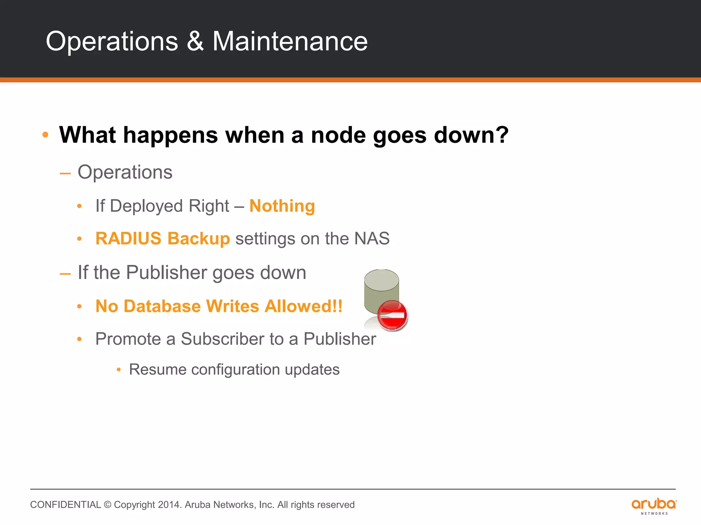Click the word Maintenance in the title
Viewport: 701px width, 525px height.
click(x=290, y=41)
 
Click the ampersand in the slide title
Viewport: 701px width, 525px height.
click(x=195, y=41)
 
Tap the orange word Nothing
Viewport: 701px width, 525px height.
click(x=282, y=206)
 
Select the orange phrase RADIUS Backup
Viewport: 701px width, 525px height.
click(x=163, y=239)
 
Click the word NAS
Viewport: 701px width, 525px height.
click(x=372, y=239)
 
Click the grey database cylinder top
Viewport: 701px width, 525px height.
click(x=381, y=280)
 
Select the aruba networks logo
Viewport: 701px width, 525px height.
click(x=654, y=506)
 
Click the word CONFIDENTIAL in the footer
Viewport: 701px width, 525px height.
click(x=65, y=505)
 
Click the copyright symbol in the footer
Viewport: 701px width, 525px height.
click(x=107, y=505)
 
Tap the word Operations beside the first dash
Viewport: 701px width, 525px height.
click(x=125, y=172)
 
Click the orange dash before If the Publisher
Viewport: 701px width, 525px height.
click(x=65, y=274)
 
